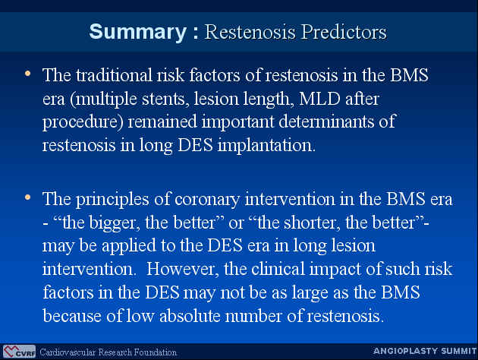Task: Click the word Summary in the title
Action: click(138, 32)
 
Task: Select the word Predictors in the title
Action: click(344, 32)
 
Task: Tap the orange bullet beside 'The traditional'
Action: click(28, 74)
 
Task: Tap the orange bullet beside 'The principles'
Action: click(28, 197)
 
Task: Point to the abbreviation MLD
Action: click(319, 99)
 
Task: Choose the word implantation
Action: click(266, 145)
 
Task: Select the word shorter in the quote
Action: click(312, 223)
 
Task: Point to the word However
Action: click(183, 269)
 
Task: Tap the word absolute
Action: click(190, 315)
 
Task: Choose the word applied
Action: click(129, 246)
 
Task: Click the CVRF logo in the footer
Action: click(19, 352)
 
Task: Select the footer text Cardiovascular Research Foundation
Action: click(108, 352)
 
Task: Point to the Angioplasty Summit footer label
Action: click(425, 351)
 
